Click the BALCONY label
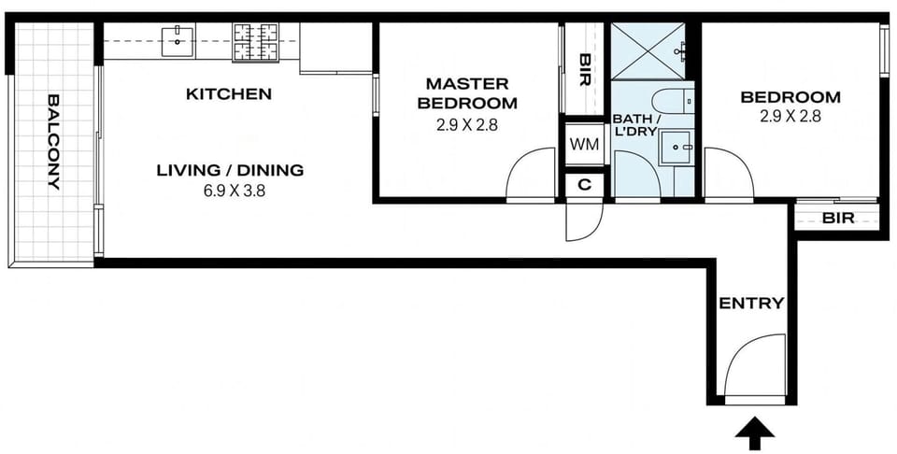53,142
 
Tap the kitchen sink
178,40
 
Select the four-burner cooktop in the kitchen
255,42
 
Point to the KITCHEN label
229,94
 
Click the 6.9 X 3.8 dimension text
235,191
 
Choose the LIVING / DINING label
230,170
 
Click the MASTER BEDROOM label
467,93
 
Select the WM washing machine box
585,144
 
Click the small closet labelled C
585,185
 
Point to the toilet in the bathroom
674,101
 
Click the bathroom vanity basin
676,148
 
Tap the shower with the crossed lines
648,50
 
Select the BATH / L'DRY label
634,126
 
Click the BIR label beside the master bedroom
585,70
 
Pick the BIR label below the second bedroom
838,218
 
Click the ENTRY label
751,304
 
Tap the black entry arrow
756,433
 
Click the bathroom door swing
636,176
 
